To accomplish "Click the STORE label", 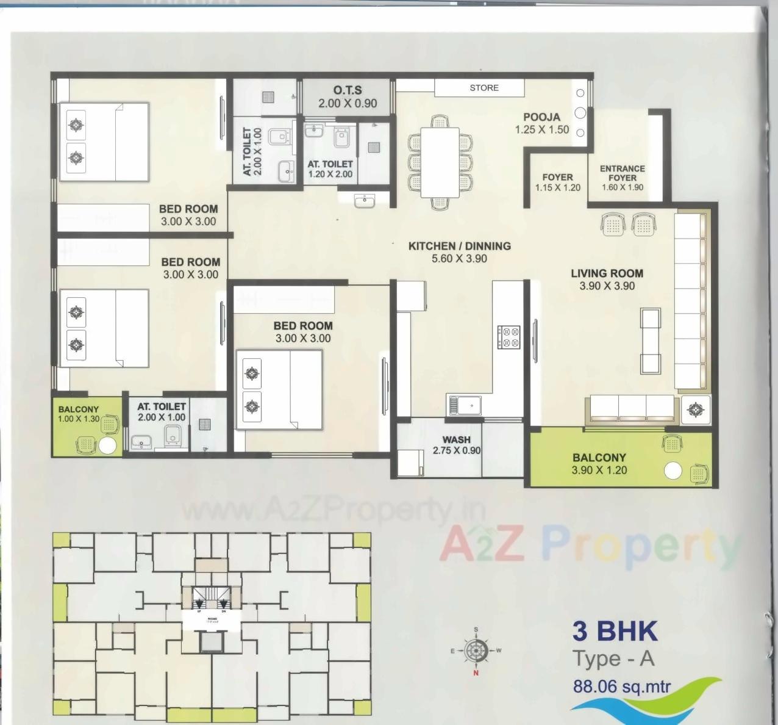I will click(x=484, y=88).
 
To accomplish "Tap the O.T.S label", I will click(x=348, y=90).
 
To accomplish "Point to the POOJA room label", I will click(x=541, y=117).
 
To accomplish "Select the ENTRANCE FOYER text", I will click(x=622, y=173).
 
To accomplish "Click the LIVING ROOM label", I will click(x=607, y=273).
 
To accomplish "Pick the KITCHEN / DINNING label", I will click(x=459, y=246).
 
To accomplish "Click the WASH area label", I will click(x=456, y=439).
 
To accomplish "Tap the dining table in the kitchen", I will click(x=440, y=162).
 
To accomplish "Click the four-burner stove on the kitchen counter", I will click(x=509, y=337).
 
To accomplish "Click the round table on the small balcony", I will click(x=108, y=445).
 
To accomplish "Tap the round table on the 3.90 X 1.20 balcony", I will click(x=673, y=471).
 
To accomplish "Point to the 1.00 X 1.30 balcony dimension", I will click(x=78, y=419).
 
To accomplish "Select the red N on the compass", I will click(x=476, y=674).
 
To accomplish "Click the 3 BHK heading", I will click(x=615, y=631).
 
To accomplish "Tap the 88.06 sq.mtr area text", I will click(x=621, y=686).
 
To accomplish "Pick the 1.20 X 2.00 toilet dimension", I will click(x=330, y=174).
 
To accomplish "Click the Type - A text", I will click(x=613, y=659).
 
